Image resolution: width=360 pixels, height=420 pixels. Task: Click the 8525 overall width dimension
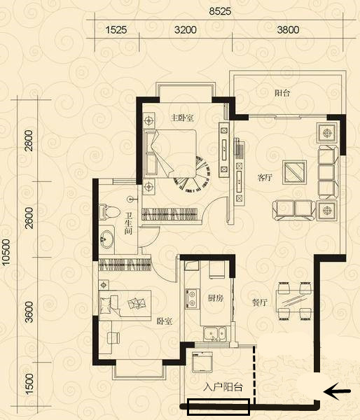point(220,11)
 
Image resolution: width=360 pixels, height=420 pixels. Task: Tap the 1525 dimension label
point(116,29)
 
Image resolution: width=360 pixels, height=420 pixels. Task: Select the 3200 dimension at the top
point(186,29)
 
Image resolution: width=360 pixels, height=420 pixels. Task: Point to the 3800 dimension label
point(288,29)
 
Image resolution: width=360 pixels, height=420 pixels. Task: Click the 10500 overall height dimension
point(6,252)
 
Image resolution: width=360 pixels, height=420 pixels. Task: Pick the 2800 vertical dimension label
point(29,141)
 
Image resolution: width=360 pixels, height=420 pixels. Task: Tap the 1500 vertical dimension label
point(29,384)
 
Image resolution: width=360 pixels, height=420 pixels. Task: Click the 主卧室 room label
point(183,118)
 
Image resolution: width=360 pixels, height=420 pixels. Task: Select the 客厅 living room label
point(265,177)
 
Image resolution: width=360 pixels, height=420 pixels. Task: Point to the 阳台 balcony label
point(282,93)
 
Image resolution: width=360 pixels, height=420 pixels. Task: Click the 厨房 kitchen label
point(216,298)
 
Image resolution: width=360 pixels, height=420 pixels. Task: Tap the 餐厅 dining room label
point(260,302)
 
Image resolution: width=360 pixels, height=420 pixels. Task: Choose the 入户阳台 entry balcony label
point(223,387)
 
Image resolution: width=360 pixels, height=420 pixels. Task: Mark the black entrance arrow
point(337,391)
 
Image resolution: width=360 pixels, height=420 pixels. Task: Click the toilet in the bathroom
point(109,212)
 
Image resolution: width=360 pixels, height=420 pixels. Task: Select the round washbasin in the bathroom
point(106,239)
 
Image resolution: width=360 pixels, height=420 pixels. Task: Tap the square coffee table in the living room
point(294,172)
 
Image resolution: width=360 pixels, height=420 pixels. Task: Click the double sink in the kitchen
point(215,334)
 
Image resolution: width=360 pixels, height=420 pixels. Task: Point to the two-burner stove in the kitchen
point(192,299)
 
